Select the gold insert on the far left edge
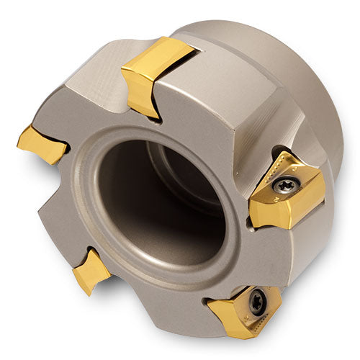click(40, 143)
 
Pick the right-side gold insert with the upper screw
click(288, 191)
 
